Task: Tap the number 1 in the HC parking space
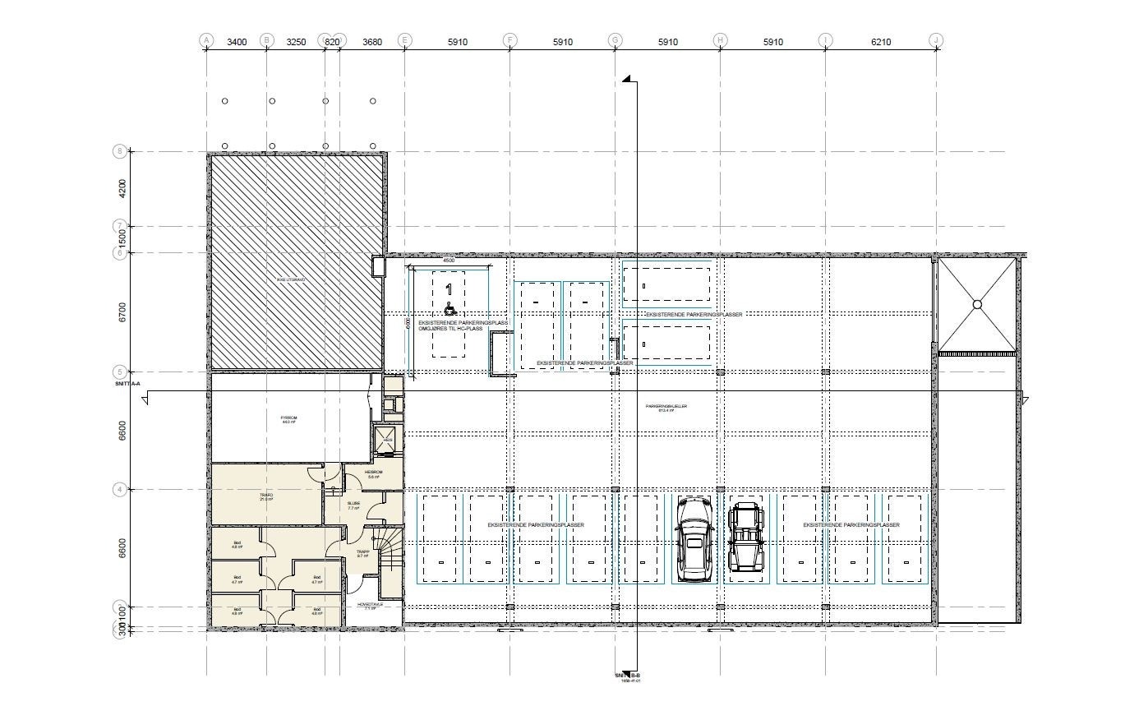449,289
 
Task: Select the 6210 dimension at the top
881,42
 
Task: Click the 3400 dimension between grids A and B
236,42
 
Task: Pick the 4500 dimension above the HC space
449,261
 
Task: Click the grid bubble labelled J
936,40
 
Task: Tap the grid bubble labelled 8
119,151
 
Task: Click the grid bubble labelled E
404,40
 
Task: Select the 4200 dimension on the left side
122,188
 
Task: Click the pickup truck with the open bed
746,536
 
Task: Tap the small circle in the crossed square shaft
977,305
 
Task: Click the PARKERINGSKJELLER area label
666,407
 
